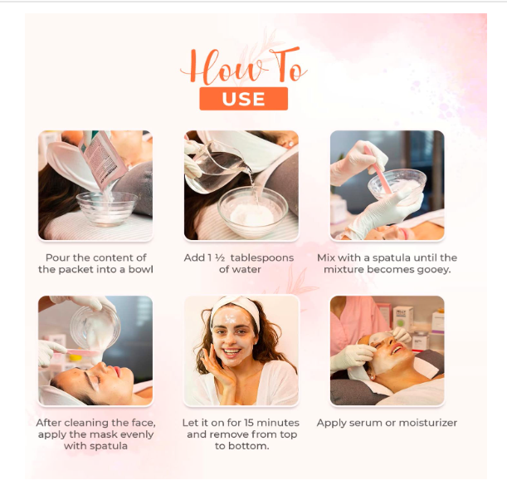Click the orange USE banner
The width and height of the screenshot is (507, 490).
tap(243, 99)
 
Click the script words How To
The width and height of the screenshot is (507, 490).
tap(242, 66)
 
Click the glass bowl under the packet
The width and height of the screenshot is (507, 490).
tap(107, 205)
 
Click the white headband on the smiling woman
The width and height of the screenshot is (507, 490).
tap(235, 313)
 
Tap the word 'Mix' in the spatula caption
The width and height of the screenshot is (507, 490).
tap(326, 257)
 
